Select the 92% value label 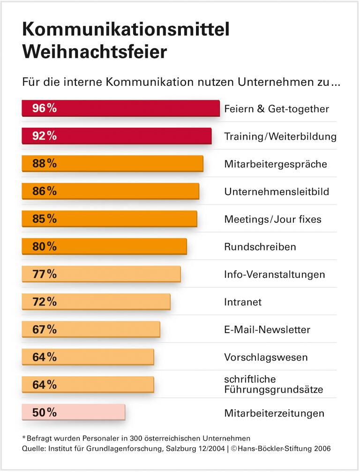(x=45, y=136)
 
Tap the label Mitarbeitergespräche (x=276, y=164)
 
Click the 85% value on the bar (x=45, y=219)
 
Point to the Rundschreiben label (x=260, y=247)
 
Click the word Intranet (x=243, y=302)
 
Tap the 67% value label (x=45, y=329)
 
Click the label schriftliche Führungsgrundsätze (x=274, y=384)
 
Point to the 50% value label (x=45, y=412)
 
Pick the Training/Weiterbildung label (x=280, y=137)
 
